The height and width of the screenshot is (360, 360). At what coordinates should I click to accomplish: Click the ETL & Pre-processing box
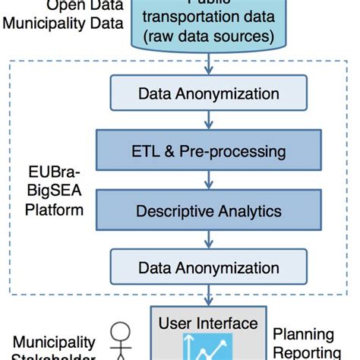(x=207, y=151)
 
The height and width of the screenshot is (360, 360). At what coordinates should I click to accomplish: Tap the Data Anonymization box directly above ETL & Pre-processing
(x=207, y=94)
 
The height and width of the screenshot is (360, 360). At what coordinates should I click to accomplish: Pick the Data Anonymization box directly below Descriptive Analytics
(x=207, y=267)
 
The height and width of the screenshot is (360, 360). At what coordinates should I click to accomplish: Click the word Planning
(x=303, y=335)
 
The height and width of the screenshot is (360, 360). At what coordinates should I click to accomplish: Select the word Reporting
(x=307, y=352)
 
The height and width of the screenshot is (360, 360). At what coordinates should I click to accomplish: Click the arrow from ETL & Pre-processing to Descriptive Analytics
(x=207, y=180)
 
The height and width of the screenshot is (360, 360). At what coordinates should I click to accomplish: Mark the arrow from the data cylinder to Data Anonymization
(x=207, y=67)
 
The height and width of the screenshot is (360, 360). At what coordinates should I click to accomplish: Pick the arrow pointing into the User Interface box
(x=207, y=297)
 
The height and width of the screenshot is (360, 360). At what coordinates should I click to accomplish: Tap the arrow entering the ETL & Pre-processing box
(x=207, y=122)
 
